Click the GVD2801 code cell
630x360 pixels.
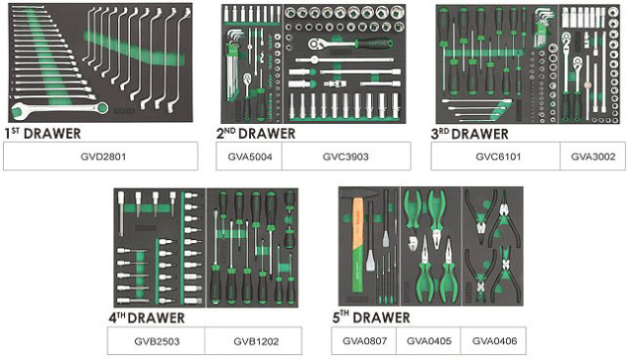(x=100, y=156)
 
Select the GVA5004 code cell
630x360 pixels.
(x=249, y=156)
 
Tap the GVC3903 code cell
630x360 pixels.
(x=346, y=156)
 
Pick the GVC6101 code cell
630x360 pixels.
(x=496, y=156)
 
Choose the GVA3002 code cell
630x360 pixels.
(x=593, y=156)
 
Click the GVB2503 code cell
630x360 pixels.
(x=157, y=341)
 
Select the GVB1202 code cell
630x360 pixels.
(x=254, y=341)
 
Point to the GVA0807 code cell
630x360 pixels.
(x=364, y=340)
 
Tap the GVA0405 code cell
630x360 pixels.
(x=428, y=340)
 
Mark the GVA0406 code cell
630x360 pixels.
(x=493, y=340)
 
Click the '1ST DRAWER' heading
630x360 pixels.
(x=42, y=133)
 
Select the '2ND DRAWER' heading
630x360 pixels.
(x=256, y=133)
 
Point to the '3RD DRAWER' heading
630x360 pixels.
(x=470, y=134)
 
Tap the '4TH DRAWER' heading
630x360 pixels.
(x=147, y=318)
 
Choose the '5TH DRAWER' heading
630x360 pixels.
(x=371, y=318)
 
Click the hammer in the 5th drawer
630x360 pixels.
(x=357, y=241)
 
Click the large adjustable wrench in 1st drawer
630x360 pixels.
(x=59, y=109)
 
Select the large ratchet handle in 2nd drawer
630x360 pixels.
(x=349, y=43)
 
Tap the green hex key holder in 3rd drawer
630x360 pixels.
(x=539, y=32)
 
